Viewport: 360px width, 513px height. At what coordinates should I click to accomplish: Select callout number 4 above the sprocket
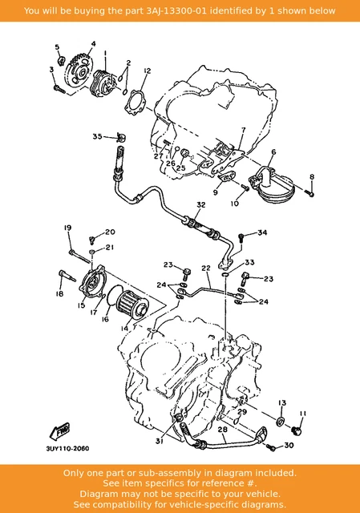click(93, 43)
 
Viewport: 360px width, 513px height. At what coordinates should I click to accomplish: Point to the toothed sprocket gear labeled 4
click(80, 69)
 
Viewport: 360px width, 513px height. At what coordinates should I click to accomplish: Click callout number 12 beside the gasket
click(147, 71)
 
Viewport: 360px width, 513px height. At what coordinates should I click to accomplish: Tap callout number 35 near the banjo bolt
click(97, 137)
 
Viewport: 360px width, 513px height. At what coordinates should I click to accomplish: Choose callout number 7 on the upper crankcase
click(241, 129)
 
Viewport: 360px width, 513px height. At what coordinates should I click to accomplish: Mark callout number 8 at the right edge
click(312, 176)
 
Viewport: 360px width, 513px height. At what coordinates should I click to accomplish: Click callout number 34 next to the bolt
click(262, 232)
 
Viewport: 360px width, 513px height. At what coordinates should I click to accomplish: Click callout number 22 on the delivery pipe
click(206, 269)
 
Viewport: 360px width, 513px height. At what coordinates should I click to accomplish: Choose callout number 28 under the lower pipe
click(223, 430)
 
